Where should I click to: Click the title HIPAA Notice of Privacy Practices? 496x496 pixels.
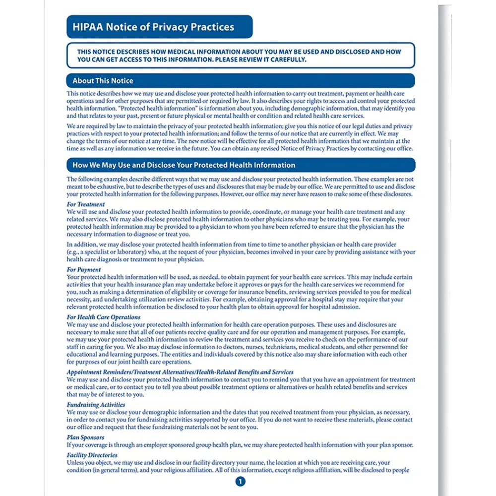[153, 27]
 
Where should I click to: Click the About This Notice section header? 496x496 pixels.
[103, 81]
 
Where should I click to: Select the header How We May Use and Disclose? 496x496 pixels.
[184, 165]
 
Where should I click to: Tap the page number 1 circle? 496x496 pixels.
[240, 481]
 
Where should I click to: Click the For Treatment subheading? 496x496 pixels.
[86, 204]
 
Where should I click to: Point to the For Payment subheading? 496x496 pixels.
[84, 270]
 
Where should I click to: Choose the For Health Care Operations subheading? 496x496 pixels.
[104, 317]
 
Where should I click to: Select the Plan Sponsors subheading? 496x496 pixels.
[85, 437]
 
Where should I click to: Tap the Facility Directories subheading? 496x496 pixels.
[92, 455]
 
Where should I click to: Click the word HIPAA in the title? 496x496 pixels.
[87, 27]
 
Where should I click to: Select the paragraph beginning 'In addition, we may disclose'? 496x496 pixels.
[241, 252]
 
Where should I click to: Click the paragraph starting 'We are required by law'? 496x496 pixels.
[240, 137]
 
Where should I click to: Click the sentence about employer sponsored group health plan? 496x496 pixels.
[240, 445]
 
